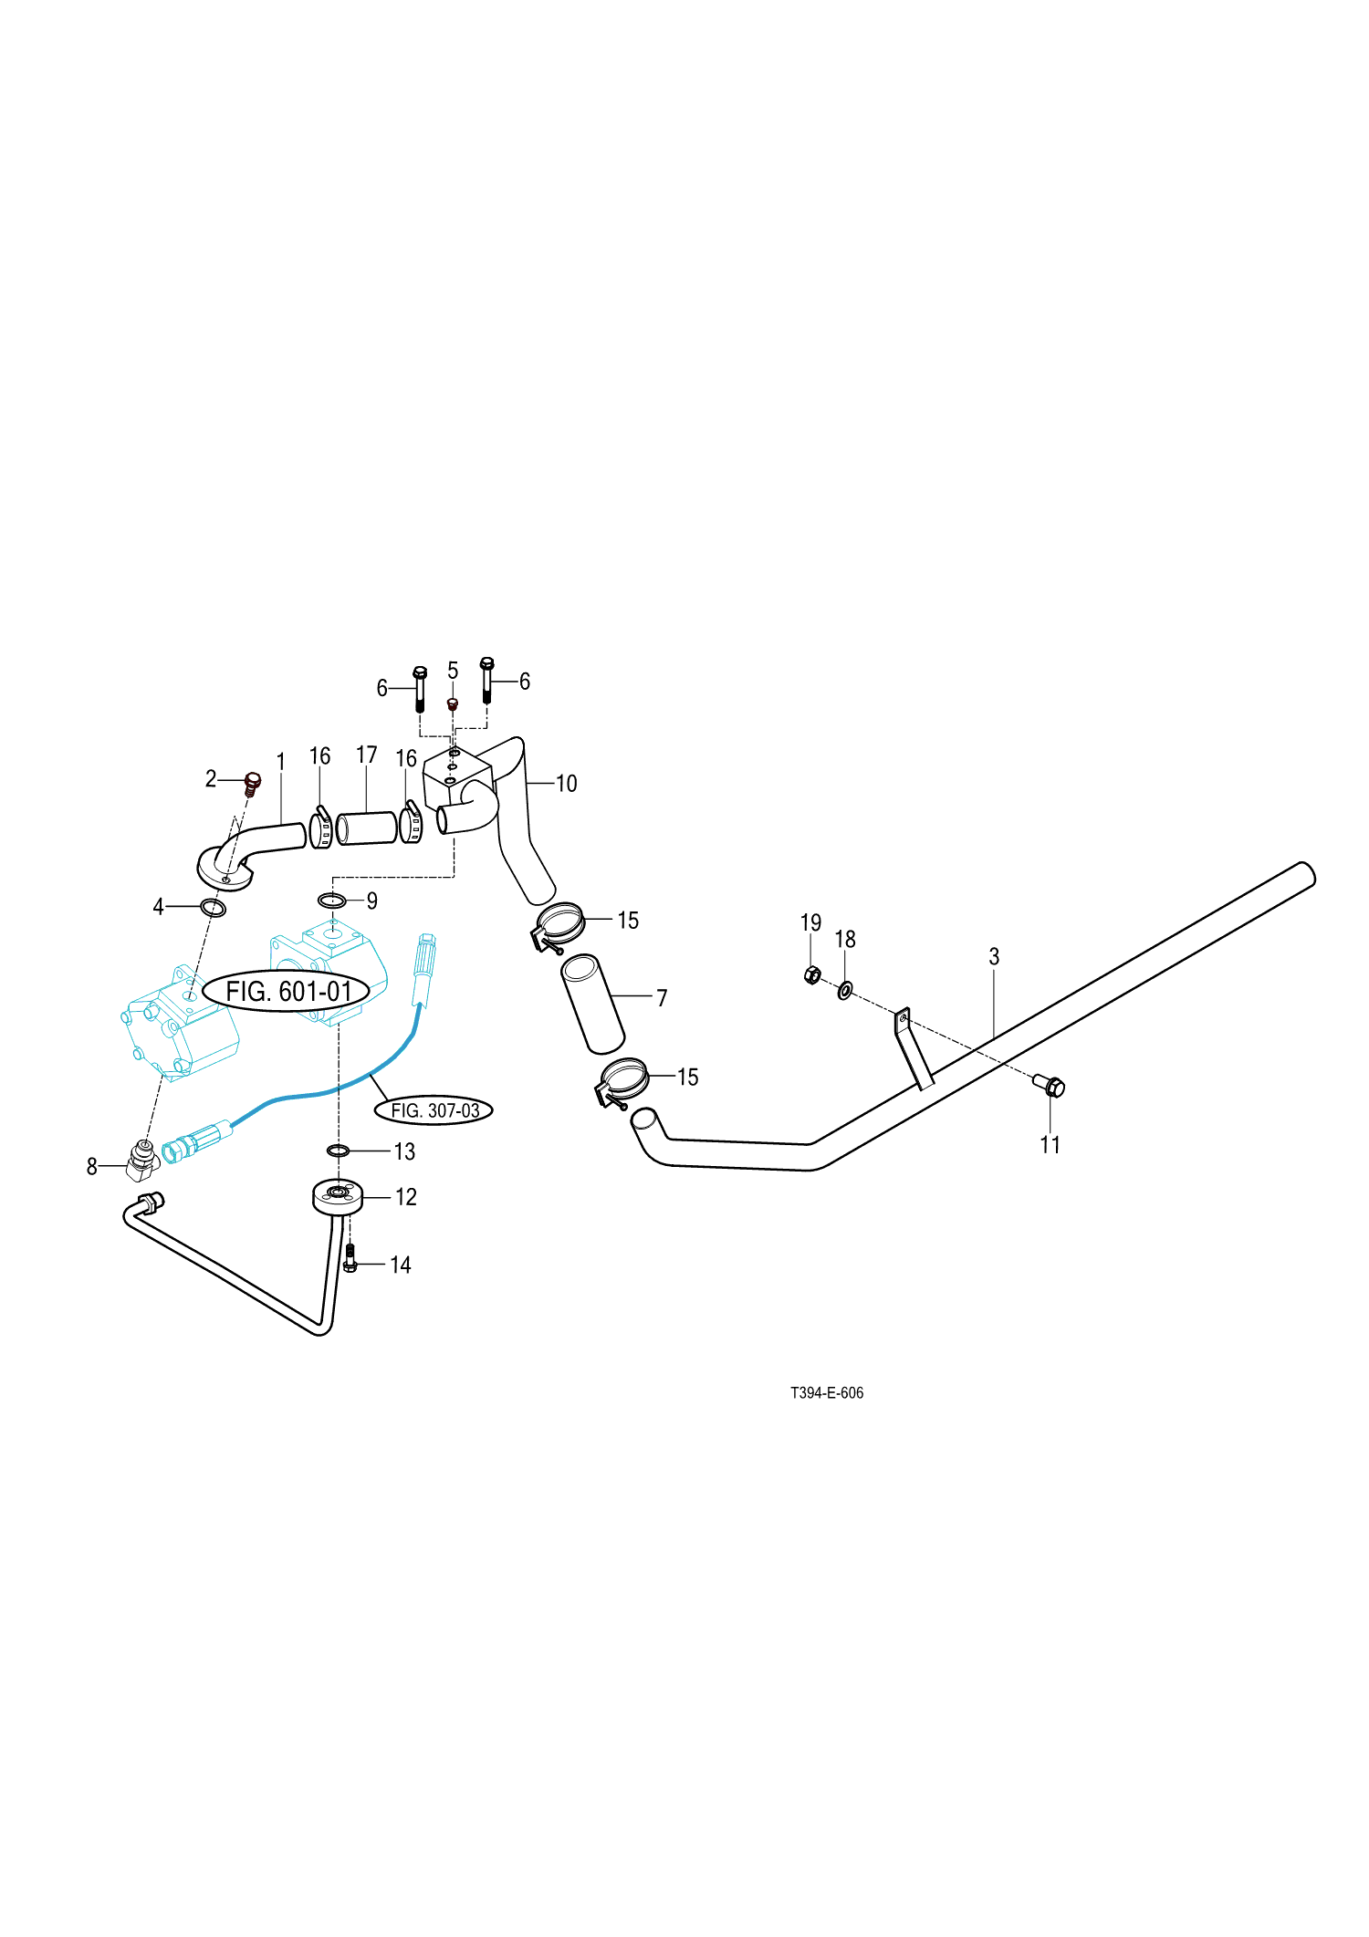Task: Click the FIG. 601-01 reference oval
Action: [287, 991]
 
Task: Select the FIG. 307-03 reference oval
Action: [434, 1110]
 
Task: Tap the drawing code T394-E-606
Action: [826, 1393]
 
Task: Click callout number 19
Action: [810, 923]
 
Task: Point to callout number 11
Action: [1050, 1145]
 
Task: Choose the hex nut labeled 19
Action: [811, 975]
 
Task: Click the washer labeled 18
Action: [845, 990]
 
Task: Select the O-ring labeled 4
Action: [213, 908]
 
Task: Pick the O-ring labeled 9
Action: [331, 901]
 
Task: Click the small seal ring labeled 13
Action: [338, 1150]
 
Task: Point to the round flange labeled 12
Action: [338, 1196]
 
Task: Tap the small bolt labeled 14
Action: [350, 1260]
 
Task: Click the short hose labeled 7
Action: [593, 1004]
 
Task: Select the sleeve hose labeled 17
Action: [367, 828]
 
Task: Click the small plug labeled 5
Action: [452, 705]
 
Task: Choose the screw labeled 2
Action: [253, 784]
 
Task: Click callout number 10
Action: [566, 784]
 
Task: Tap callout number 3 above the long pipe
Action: [994, 956]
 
